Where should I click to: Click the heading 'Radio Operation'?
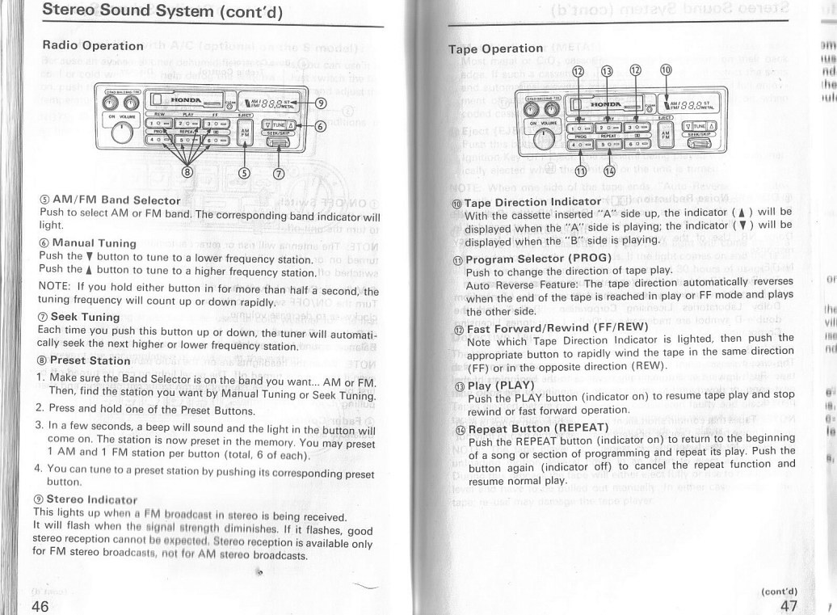click(92, 45)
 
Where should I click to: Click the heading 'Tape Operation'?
click(495, 48)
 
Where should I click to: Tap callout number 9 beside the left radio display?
click(320, 103)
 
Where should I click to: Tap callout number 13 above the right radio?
click(607, 70)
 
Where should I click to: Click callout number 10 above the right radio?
click(666, 70)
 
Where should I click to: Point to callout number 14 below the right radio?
click(608, 170)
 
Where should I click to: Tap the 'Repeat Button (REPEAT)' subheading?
click(532, 428)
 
